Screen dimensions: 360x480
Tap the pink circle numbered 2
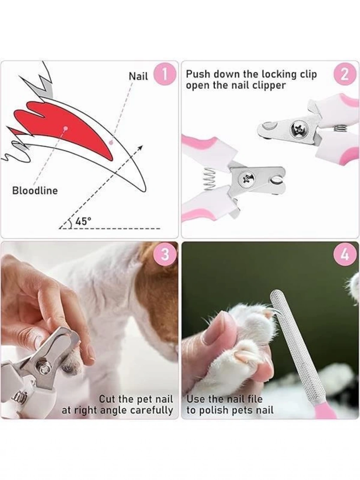pyautogui.click(x=344, y=76)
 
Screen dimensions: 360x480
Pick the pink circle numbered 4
pyautogui.click(x=345, y=254)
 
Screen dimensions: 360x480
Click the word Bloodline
pyautogui.click(x=35, y=191)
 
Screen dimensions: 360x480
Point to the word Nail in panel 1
pyautogui.click(x=139, y=77)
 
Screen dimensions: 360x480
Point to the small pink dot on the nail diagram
pyautogui.click(x=111, y=142)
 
